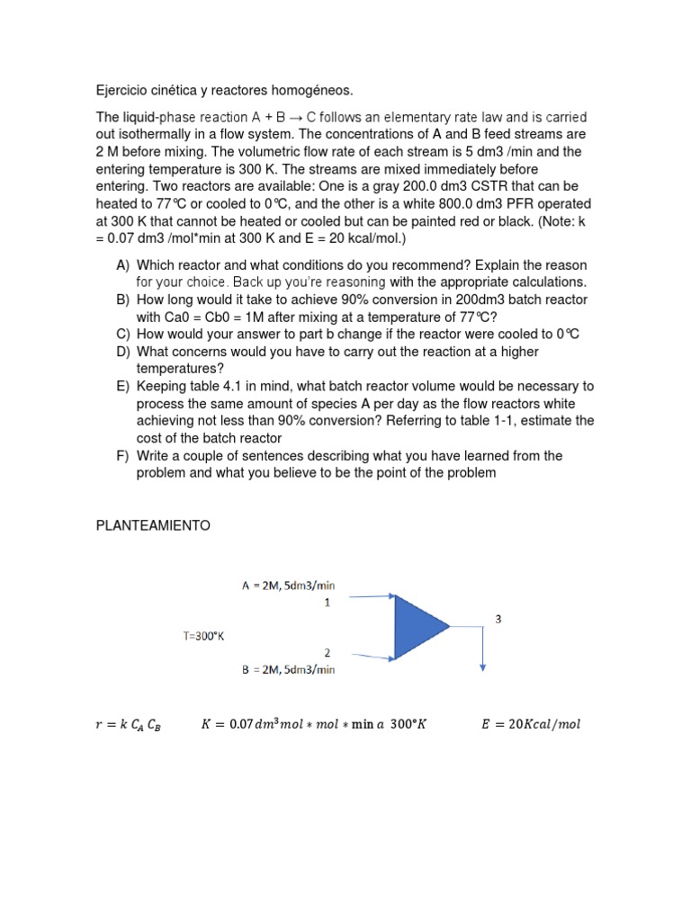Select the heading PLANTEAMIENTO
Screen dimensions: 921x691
(x=153, y=526)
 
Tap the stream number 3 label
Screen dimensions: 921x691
(x=498, y=618)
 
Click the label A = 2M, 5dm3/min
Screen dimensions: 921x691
(x=288, y=586)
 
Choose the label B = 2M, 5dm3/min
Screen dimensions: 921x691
(x=288, y=669)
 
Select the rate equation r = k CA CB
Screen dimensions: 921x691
(x=128, y=725)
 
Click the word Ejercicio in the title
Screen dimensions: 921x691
(x=125, y=90)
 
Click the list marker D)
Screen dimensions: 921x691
(x=123, y=352)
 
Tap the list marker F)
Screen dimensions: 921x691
(x=123, y=456)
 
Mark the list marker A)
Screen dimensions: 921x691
(x=123, y=265)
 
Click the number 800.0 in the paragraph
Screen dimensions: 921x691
(x=444, y=203)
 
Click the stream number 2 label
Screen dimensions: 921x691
(x=328, y=651)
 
